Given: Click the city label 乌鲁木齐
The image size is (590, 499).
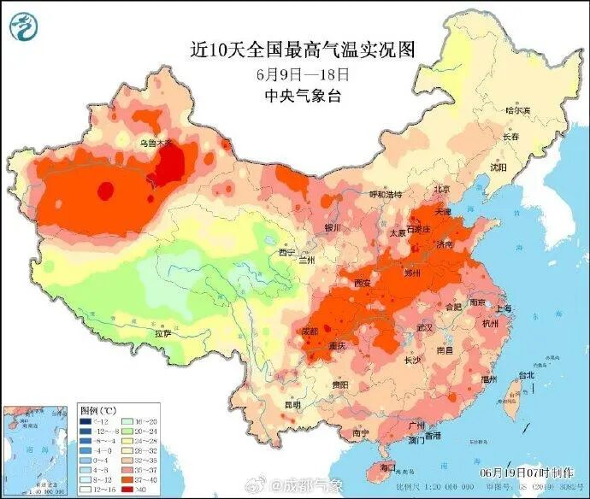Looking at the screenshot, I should (x=156, y=144).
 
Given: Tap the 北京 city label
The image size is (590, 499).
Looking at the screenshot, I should (x=441, y=189).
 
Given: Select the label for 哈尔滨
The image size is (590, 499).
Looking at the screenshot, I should (x=517, y=111).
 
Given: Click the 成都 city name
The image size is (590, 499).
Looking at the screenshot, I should (x=310, y=331).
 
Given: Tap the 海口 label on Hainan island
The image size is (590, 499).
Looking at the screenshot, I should (x=389, y=467).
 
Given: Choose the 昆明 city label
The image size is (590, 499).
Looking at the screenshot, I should (x=292, y=404).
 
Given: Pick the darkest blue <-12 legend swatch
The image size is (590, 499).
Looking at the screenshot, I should (x=86, y=422).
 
